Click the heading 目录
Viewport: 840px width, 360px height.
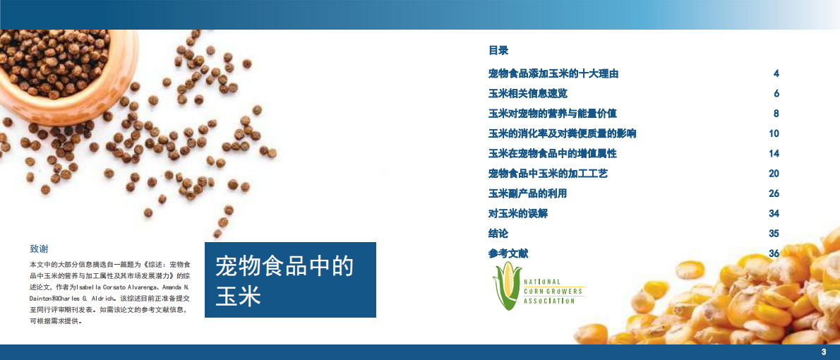[498, 50]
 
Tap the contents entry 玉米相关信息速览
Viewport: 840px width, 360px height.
[527, 93]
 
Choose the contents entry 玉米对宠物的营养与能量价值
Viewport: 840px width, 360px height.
[553, 114]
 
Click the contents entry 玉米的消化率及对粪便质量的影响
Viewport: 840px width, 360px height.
[562, 133]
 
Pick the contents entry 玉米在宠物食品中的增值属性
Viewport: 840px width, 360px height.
[553, 153]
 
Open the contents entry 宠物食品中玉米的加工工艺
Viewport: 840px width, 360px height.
[548, 173]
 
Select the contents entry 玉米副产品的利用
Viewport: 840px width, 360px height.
[527, 193]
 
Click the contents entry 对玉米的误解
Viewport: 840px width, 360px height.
[517, 213]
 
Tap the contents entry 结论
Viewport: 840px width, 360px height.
[498, 233]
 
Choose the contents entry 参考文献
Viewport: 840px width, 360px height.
[508, 253]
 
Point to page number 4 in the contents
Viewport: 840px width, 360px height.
[776, 73]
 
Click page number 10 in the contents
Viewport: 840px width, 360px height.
[774, 133]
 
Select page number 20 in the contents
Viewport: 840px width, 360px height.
[774, 173]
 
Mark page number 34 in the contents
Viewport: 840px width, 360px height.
[774, 213]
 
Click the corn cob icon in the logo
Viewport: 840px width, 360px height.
[506, 289]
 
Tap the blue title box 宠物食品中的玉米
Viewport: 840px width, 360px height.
[290, 280]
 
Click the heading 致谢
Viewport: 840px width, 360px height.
[39, 248]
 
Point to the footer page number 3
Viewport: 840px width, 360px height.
[823, 352]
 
